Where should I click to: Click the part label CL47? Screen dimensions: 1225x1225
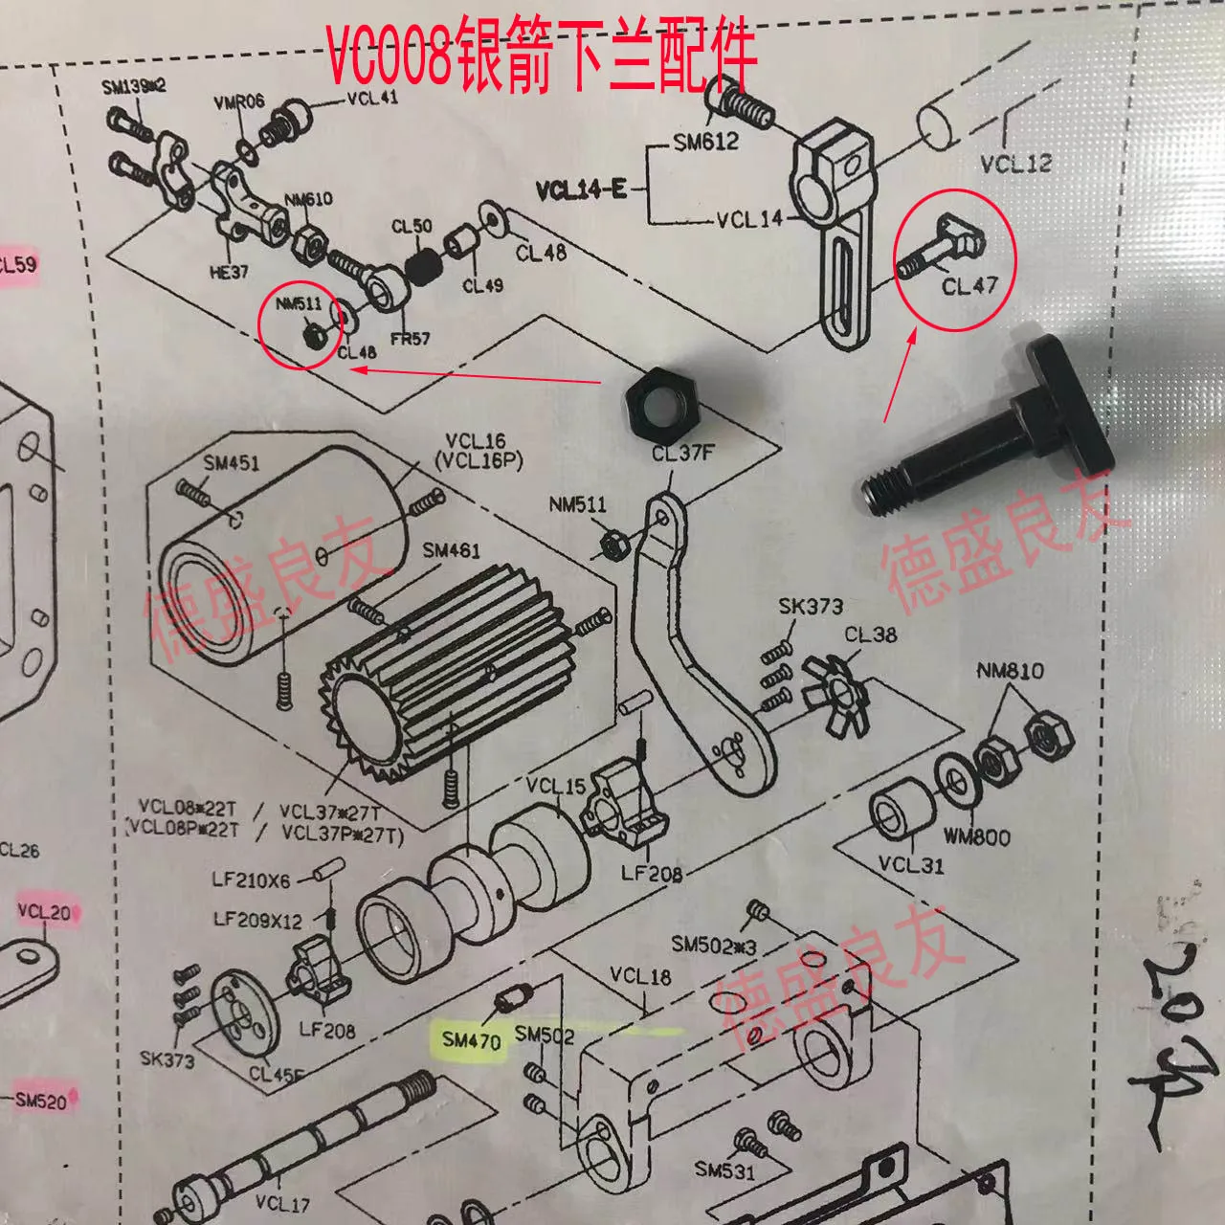point(969,285)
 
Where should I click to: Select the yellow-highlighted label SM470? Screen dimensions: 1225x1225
point(472,1039)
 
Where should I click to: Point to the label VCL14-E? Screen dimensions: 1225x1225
point(580,189)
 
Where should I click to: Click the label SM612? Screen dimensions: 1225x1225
point(705,143)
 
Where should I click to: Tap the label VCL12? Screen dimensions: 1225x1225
point(1015,164)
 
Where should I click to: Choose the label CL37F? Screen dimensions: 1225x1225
point(682,453)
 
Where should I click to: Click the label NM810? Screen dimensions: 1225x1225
point(1010,671)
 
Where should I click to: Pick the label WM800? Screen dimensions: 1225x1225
point(976,836)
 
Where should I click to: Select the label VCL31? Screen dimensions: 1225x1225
point(911,865)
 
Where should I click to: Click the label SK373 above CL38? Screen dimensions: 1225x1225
point(810,606)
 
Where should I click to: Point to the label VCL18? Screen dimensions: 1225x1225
point(640,976)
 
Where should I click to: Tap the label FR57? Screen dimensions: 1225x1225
point(410,338)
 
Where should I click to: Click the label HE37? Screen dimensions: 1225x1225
point(229,273)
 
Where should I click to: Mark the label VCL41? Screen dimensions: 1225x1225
point(372,98)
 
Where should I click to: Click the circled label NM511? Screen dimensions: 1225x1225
point(299,303)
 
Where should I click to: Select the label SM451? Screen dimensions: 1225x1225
point(231,463)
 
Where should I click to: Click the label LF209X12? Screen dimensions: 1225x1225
point(257,921)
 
